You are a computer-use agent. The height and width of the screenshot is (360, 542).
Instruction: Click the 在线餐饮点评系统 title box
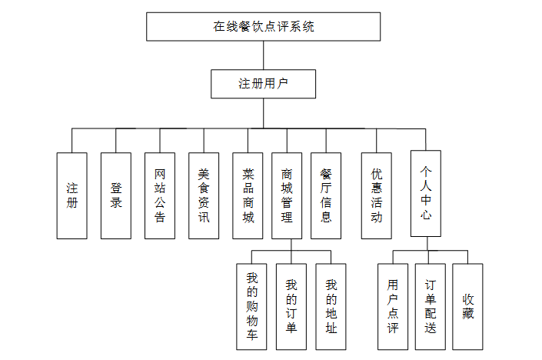tap(263, 26)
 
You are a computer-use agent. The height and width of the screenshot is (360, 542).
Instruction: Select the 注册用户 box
tap(263, 84)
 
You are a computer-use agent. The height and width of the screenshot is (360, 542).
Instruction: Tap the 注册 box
tap(71, 195)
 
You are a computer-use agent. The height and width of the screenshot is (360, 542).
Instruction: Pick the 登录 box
tap(116, 195)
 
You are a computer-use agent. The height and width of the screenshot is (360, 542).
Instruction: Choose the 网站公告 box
tap(160, 195)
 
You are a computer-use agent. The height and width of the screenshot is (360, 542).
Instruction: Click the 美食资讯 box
tap(204, 195)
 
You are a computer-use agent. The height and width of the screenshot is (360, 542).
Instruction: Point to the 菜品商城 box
tap(248, 195)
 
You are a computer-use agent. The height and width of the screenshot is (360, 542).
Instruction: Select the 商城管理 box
tap(287, 195)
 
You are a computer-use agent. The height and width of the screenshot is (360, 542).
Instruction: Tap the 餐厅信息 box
tap(326, 195)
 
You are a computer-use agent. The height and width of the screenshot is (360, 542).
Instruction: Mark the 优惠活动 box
tap(377, 195)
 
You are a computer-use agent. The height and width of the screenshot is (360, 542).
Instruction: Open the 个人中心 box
tap(425, 192)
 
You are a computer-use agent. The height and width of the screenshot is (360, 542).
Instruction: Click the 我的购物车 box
tap(251, 306)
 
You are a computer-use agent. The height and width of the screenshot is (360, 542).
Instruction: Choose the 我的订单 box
tap(291, 306)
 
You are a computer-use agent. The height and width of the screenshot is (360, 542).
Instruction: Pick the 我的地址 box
tap(331, 306)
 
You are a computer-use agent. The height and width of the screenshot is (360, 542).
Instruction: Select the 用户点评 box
tap(393, 306)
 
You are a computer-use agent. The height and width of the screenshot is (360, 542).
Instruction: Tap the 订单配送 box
tap(431, 306)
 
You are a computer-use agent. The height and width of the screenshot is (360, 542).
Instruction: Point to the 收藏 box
tap(467, 306)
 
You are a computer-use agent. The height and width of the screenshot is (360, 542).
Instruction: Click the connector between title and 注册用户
tap(263, 55)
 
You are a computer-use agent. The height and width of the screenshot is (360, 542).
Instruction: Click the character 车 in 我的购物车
tap(251, 335)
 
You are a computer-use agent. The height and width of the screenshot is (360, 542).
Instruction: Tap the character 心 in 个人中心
tap(425, 215)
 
